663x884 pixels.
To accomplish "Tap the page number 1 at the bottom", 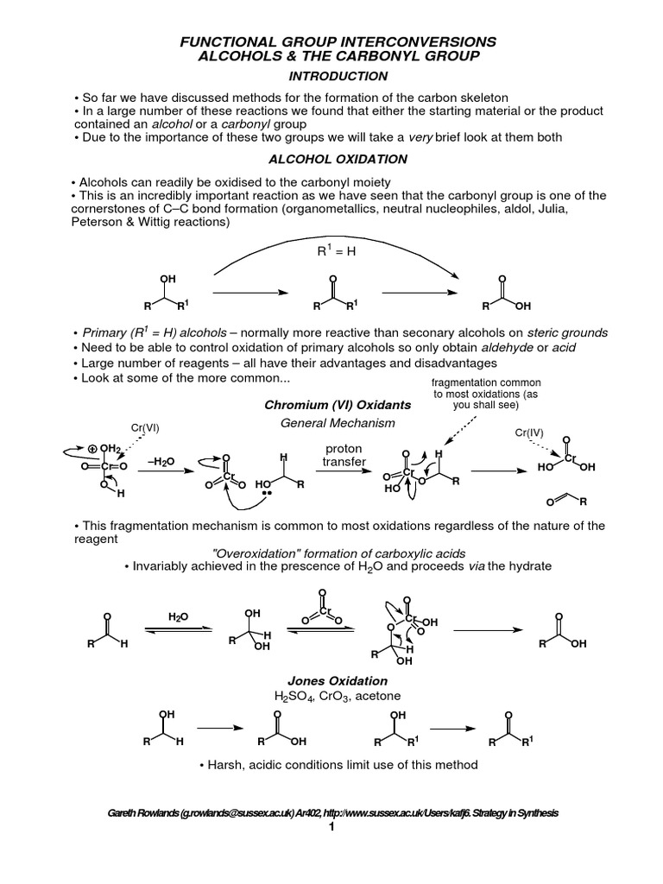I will [331, 827].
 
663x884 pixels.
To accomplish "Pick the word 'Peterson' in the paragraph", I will [94, 222].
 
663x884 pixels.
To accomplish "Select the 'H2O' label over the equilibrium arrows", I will [177, 616].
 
